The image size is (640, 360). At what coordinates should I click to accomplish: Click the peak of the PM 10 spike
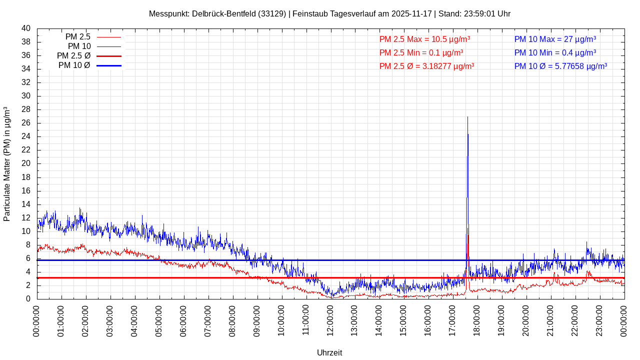point(467,117)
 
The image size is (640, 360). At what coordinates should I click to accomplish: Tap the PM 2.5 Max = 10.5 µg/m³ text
point(424,39)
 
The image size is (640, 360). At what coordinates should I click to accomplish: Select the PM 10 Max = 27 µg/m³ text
point(555,39)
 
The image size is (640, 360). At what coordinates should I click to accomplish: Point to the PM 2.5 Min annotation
point(421,52)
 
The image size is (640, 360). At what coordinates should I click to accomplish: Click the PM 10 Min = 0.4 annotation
point(555,52)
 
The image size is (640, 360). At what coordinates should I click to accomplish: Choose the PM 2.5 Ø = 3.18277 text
point(426,66)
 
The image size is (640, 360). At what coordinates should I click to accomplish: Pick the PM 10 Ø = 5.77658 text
point(560,66)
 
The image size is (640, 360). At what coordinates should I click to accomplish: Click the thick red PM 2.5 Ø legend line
point(109,56)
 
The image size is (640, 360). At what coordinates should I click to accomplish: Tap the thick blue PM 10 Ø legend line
point(109,65)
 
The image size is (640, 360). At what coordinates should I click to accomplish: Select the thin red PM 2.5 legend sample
point(109,37)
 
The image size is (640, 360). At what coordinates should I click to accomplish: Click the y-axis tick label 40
point(26,28)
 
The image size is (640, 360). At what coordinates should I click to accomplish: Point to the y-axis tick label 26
point(26,123)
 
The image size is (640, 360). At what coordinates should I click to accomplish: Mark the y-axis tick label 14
point(26,204)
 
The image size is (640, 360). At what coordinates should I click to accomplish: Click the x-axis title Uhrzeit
point(329,353)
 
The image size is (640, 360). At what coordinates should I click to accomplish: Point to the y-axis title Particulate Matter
point(7,164)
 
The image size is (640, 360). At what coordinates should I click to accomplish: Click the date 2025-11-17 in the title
point(411,14)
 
